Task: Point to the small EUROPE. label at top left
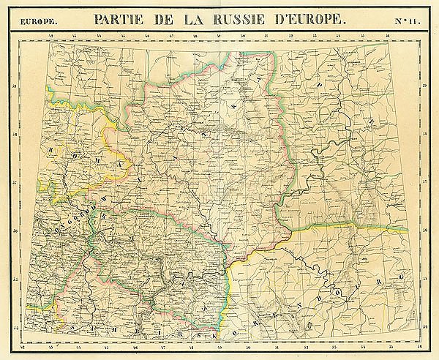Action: click(x=34, y=20)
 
